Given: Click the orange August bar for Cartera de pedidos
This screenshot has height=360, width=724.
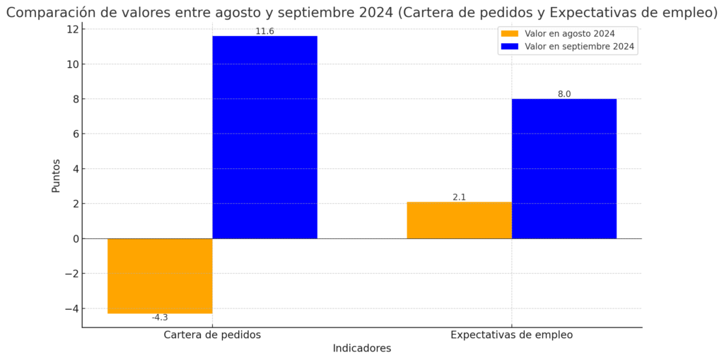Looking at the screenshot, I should tap(160, 276).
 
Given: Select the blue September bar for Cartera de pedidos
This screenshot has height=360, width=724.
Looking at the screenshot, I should tap(264, 137).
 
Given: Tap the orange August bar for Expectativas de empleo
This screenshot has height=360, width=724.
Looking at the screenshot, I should tap(459, 220).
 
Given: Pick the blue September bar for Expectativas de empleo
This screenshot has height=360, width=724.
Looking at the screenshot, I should tap(564, 168).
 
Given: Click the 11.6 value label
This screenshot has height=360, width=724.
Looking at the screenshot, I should tap(264, 32).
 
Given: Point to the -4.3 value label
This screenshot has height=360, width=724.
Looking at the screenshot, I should tap(160, 318).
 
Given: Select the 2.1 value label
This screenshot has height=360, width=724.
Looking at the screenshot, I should tap(459, 197).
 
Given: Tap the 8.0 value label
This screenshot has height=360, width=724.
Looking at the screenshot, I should tap(564, 94).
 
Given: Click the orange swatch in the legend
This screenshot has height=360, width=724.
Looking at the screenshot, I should tap(509, 34).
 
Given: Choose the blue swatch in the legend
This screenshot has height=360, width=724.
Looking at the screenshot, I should tap(509, 47).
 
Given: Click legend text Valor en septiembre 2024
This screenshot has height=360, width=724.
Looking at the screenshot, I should tap(579, 47).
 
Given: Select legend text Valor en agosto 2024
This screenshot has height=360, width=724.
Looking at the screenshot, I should tap(569, 34).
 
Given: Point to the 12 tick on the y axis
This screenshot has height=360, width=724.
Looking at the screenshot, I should tap(71, 30).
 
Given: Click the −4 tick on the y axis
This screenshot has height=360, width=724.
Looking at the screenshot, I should tap(70, 308).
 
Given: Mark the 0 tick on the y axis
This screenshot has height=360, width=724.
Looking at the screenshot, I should tap(74, 238).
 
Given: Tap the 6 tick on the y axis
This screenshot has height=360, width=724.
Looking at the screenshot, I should tap(74, 134).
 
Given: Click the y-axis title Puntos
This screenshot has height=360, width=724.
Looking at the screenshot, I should tap(56, 175).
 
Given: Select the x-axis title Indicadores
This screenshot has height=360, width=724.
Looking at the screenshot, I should tap(361, 348).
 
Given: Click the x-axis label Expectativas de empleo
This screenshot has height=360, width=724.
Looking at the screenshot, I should tap(511, 335).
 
